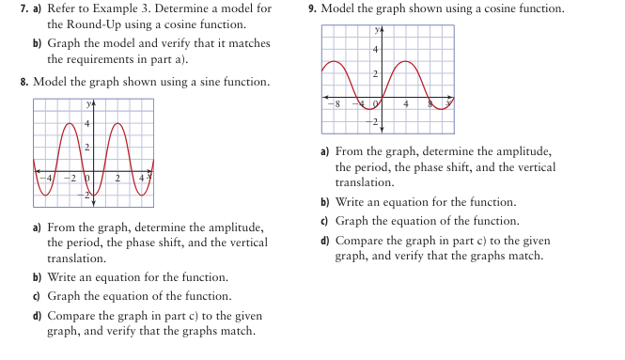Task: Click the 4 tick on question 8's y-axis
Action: click(88, 124)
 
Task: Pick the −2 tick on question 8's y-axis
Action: click(85, 194)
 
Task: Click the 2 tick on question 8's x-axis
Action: click(118, 177)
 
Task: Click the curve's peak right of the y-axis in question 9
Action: click(405, 62)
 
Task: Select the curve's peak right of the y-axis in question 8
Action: click(121, 124)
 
